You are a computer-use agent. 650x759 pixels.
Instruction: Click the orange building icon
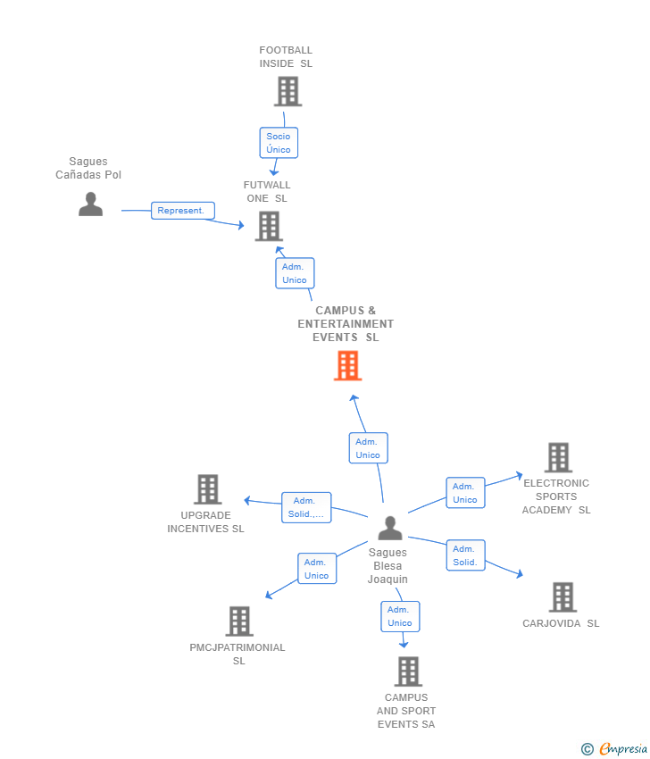[x=347, y=366]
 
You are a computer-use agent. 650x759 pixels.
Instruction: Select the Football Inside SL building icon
[x=288, y=92]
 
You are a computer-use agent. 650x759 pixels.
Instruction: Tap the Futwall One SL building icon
[x=269, y=226]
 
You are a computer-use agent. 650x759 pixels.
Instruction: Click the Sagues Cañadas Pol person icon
[x=90, y=204]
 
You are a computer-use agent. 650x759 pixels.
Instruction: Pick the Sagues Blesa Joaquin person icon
[x=390, y=528]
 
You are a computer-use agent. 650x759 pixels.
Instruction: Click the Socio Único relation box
[x=279, y=143]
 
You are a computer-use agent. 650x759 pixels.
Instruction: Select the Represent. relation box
[x=182, y=211]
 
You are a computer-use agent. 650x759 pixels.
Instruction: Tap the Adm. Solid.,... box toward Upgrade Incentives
[x=306, y=507]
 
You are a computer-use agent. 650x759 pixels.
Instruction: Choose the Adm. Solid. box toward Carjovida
[x=465, y=555]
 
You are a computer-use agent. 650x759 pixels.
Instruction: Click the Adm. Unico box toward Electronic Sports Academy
[x=465, y=493]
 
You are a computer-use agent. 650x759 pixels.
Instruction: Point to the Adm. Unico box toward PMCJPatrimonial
[x=317, y=569]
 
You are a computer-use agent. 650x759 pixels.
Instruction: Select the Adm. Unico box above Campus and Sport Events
[x=400, y=616]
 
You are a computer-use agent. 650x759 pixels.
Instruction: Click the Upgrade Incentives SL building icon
[x=208, y=489]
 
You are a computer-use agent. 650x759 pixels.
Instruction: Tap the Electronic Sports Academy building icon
[x=559, y=457]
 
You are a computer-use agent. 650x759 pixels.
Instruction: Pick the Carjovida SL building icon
[x=562, y=597]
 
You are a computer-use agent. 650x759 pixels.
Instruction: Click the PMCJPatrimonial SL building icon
[x=239, y=621]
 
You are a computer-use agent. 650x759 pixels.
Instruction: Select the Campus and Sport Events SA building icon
[x=409, y=671]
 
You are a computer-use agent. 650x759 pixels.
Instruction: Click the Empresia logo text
[x=623, y=749]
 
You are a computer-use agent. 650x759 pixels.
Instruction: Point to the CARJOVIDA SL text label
[x=561, y=623]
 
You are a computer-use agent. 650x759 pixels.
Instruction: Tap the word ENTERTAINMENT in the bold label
[x=346, y=324]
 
